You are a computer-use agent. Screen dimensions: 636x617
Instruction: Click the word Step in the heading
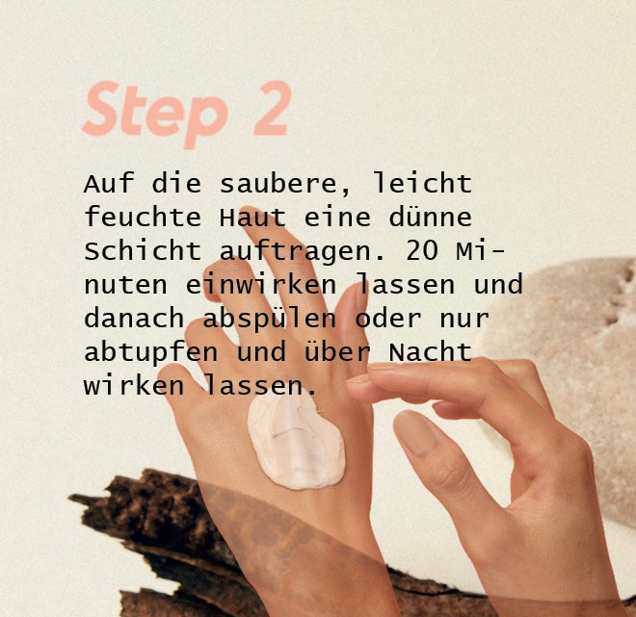155,114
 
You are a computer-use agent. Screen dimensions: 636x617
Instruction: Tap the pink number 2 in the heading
272,108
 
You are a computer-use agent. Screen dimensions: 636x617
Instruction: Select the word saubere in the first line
278,184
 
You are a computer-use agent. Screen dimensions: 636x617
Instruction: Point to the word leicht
423,183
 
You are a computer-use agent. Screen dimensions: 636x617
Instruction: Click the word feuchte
143,217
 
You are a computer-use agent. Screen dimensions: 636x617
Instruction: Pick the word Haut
252,217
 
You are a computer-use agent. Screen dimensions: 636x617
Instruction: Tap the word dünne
431,217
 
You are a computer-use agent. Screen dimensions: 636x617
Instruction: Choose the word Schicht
143,250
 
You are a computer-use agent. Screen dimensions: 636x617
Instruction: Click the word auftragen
295,252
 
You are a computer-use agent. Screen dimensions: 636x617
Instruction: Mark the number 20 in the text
422,250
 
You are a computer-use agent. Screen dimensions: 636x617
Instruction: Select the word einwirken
261,284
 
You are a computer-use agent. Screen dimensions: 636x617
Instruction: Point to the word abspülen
269,320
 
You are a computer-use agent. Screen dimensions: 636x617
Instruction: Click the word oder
388,318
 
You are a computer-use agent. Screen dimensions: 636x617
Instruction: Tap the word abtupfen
151,353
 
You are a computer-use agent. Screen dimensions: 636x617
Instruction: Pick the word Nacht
431,351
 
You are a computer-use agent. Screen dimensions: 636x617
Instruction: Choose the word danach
134,318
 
